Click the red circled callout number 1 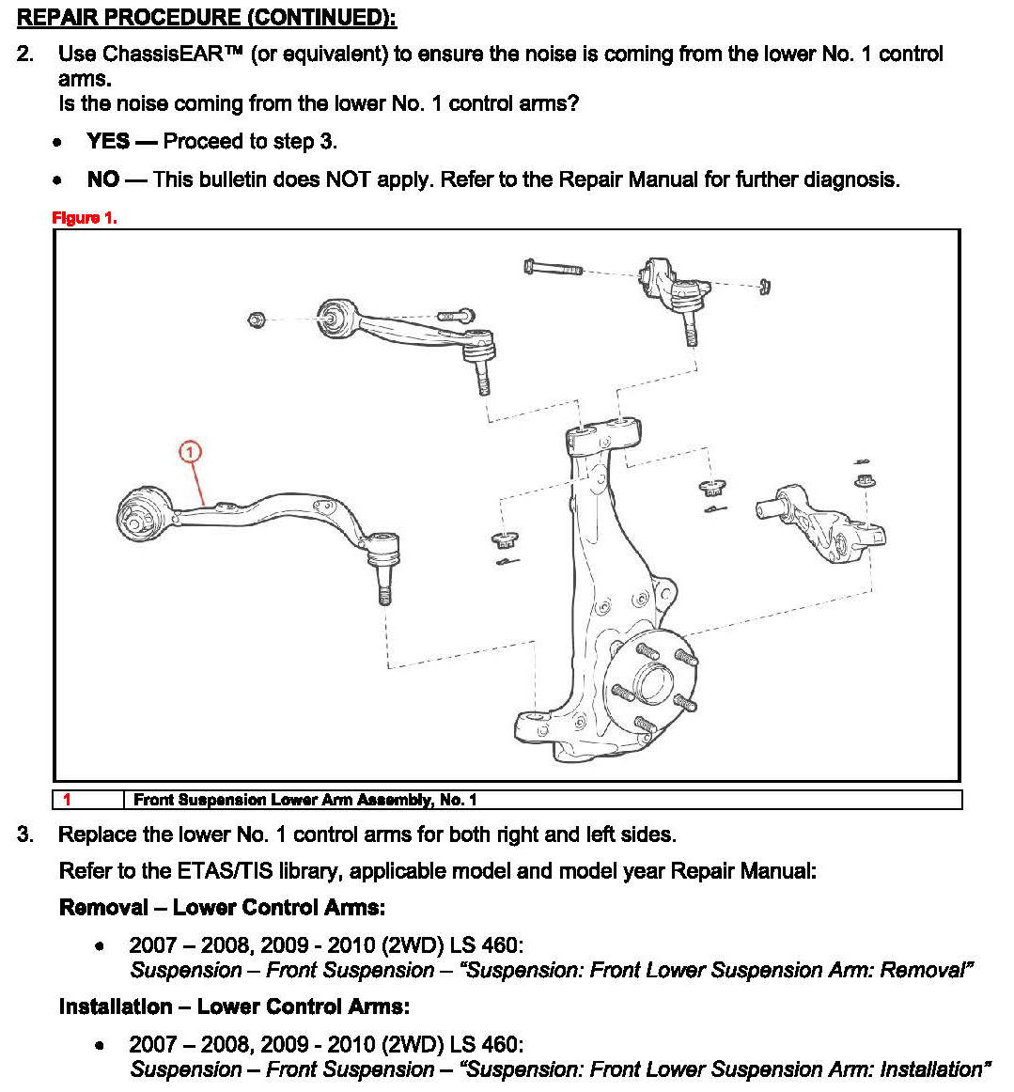[x=190, y=453]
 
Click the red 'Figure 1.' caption [x=85, y=218]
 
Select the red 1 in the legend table [x=67, y=800]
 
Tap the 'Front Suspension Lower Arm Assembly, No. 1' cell [x=305, y=800]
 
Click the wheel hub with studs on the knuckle [x=652, y=677]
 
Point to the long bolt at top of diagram [x=554, y=269]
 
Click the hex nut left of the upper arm [x=255, y=320]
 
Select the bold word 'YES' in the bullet [x=108, y=141]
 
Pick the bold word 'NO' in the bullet [x=102, y=179]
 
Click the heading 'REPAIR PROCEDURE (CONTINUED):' [x=207, y=18]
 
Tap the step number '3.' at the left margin [x=25, y=835]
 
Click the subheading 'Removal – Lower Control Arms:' [x=222, y=907]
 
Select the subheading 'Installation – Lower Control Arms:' [x=234, y=1006]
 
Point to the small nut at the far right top [x=764, y=287]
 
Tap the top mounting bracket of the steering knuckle [x=603, y=436]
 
